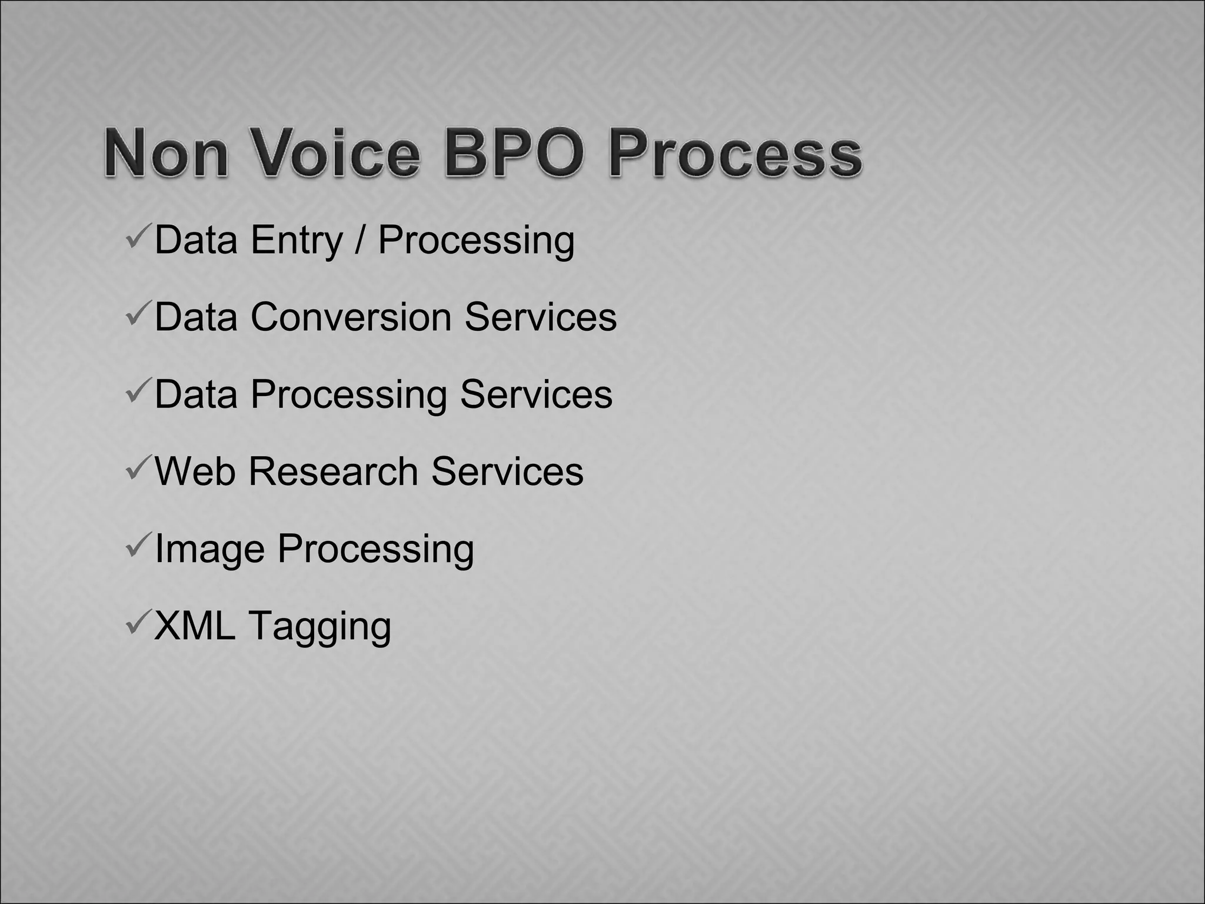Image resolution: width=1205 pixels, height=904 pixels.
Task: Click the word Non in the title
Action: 166,154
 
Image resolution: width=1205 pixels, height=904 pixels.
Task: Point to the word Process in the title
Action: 735,154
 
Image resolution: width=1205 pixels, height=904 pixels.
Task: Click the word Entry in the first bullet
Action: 296,241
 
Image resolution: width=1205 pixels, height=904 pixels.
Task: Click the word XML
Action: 194,626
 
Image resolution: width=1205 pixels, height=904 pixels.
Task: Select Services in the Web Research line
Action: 507,471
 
